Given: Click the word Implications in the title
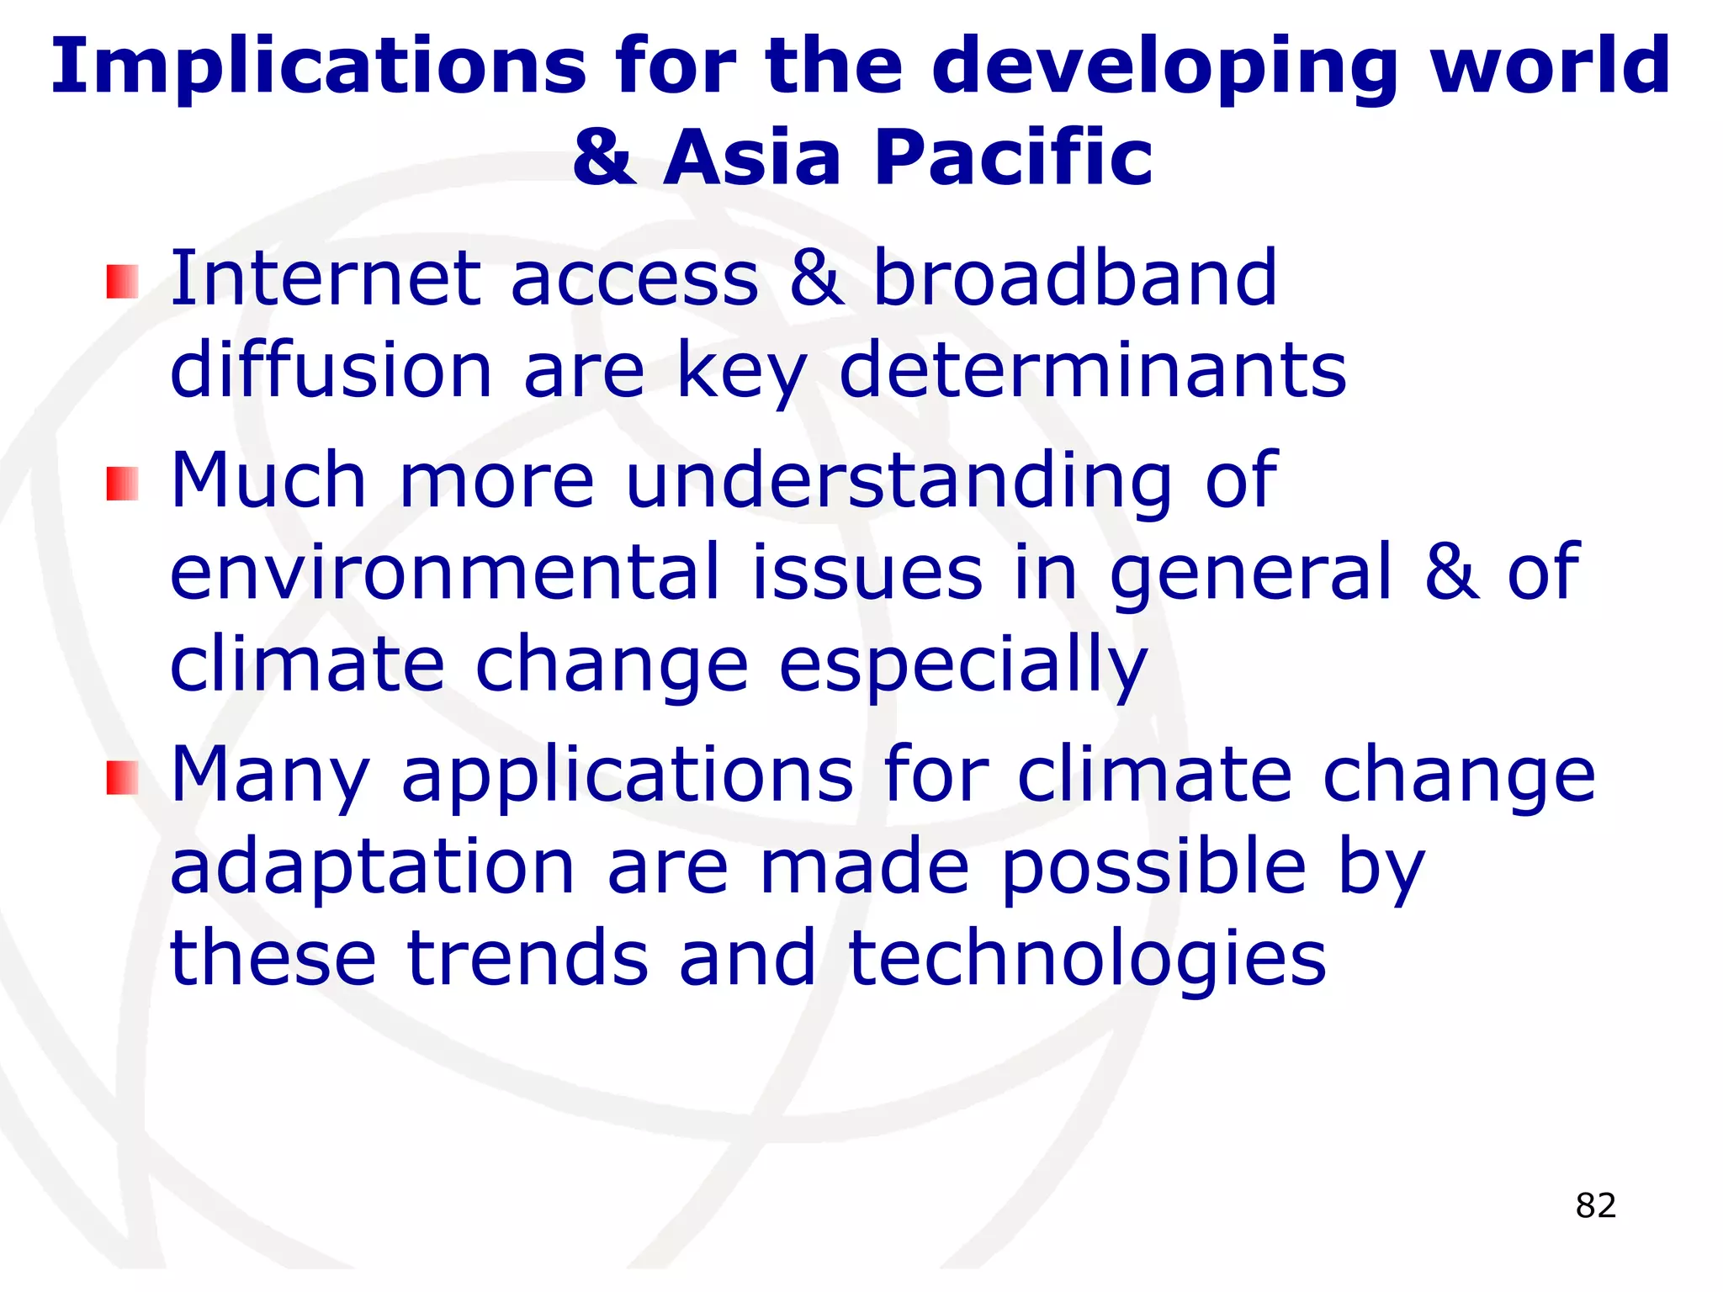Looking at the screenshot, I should coord(318,67).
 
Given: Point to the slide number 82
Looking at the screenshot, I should coord(1595,1205).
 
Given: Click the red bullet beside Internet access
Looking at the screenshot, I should coord(122,282).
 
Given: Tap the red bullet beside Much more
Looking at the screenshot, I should coord(122,484).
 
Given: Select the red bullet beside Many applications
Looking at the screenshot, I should coord(122,777).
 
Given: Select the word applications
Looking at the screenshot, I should coord(628,776).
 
